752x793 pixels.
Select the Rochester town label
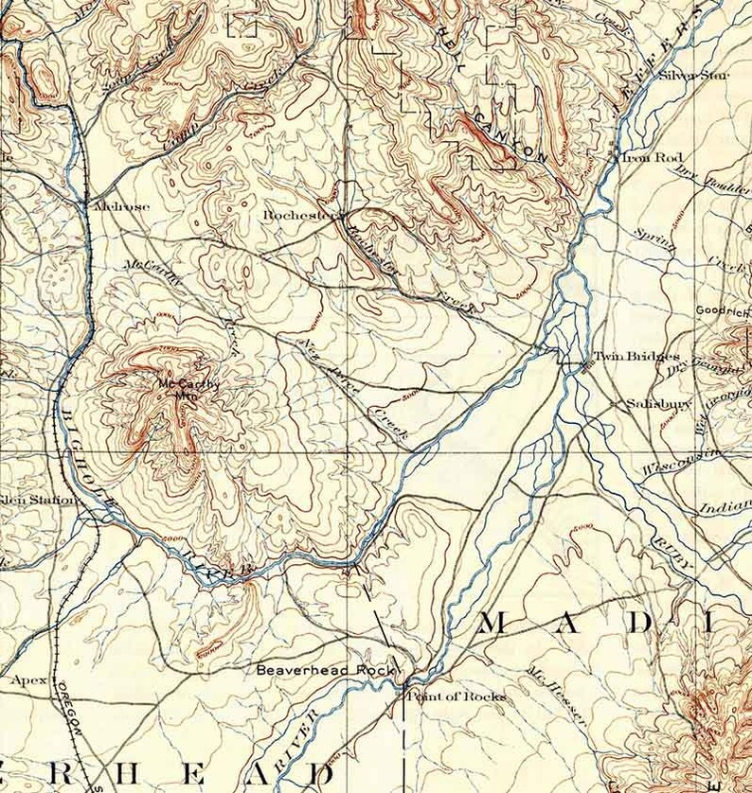coord(300,215)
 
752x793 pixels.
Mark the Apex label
coord(28,679)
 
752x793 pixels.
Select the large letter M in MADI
coord(497,623)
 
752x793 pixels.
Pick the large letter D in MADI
coord(640,623)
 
